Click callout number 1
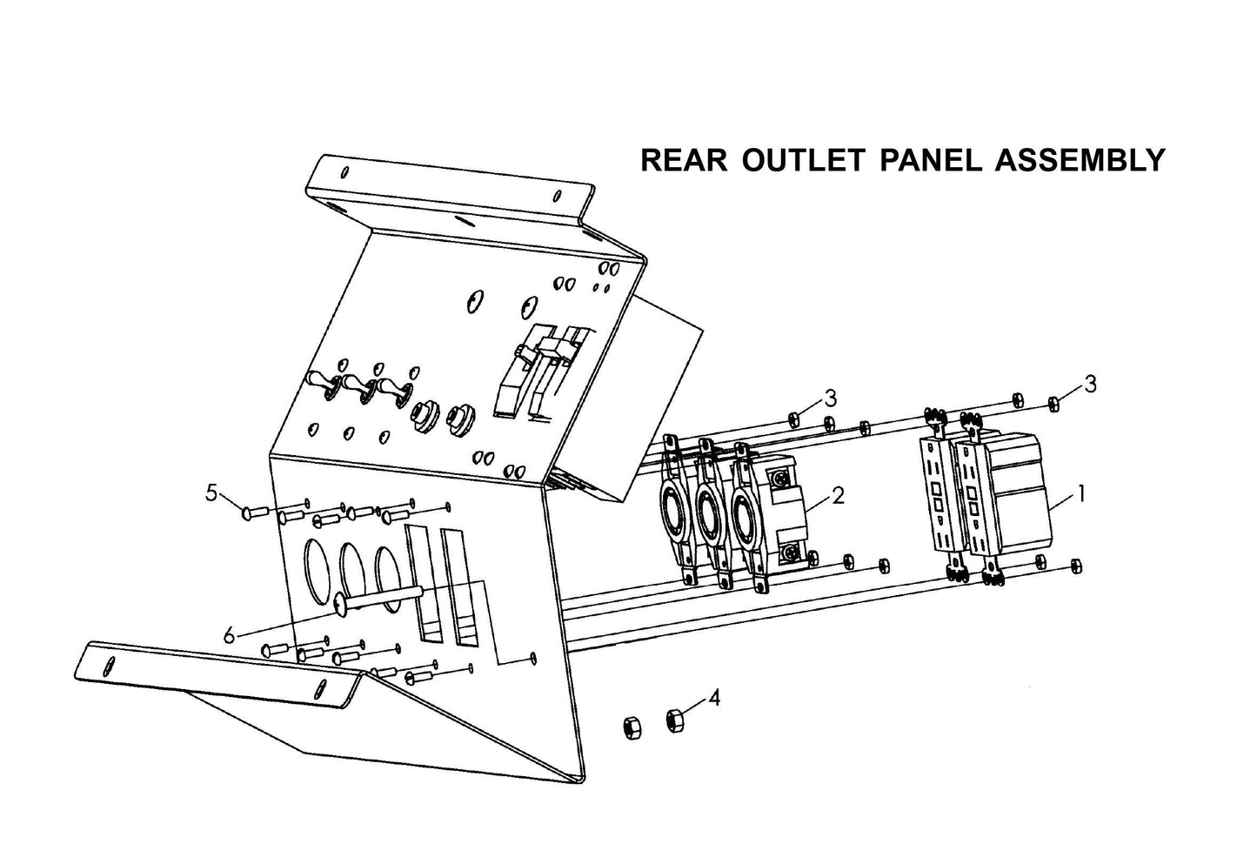1080,494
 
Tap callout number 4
714,697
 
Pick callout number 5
211,492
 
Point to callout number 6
229,636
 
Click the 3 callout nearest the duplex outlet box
1090,383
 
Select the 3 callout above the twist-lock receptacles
831,399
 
